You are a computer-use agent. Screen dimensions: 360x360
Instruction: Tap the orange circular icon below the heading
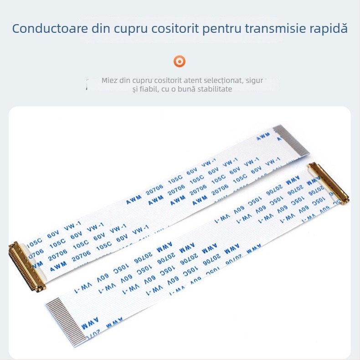(x=180, y=61)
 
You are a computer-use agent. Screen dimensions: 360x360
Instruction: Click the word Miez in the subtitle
(x=109, y=81)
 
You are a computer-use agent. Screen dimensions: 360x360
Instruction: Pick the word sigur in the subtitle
(x=254, y=81)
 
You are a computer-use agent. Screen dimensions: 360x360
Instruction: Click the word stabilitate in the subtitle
(x=212, y=89)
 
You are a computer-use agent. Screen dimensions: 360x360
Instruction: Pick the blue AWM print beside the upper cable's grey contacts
(x=263, y=137)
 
